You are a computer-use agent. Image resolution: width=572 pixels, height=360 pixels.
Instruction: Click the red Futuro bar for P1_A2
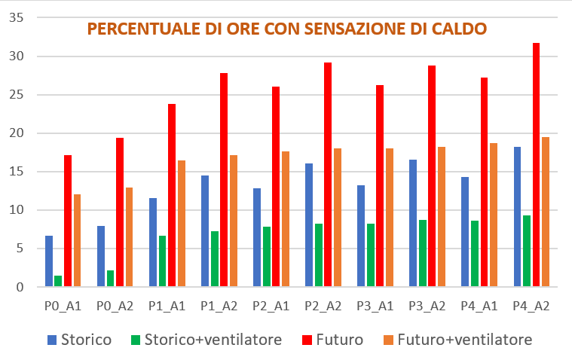224,180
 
